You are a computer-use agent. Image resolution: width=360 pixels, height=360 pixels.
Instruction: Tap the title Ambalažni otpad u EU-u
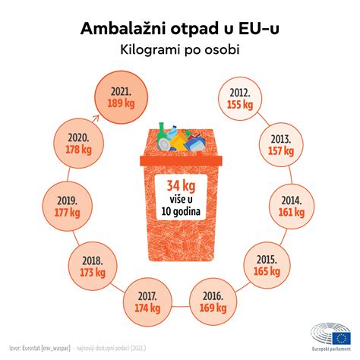click(179, 29)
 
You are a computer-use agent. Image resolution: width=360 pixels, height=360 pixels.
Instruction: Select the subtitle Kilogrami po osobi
click(179, 50)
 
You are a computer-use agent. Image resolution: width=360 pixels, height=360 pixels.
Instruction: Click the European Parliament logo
click(331, 336)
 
